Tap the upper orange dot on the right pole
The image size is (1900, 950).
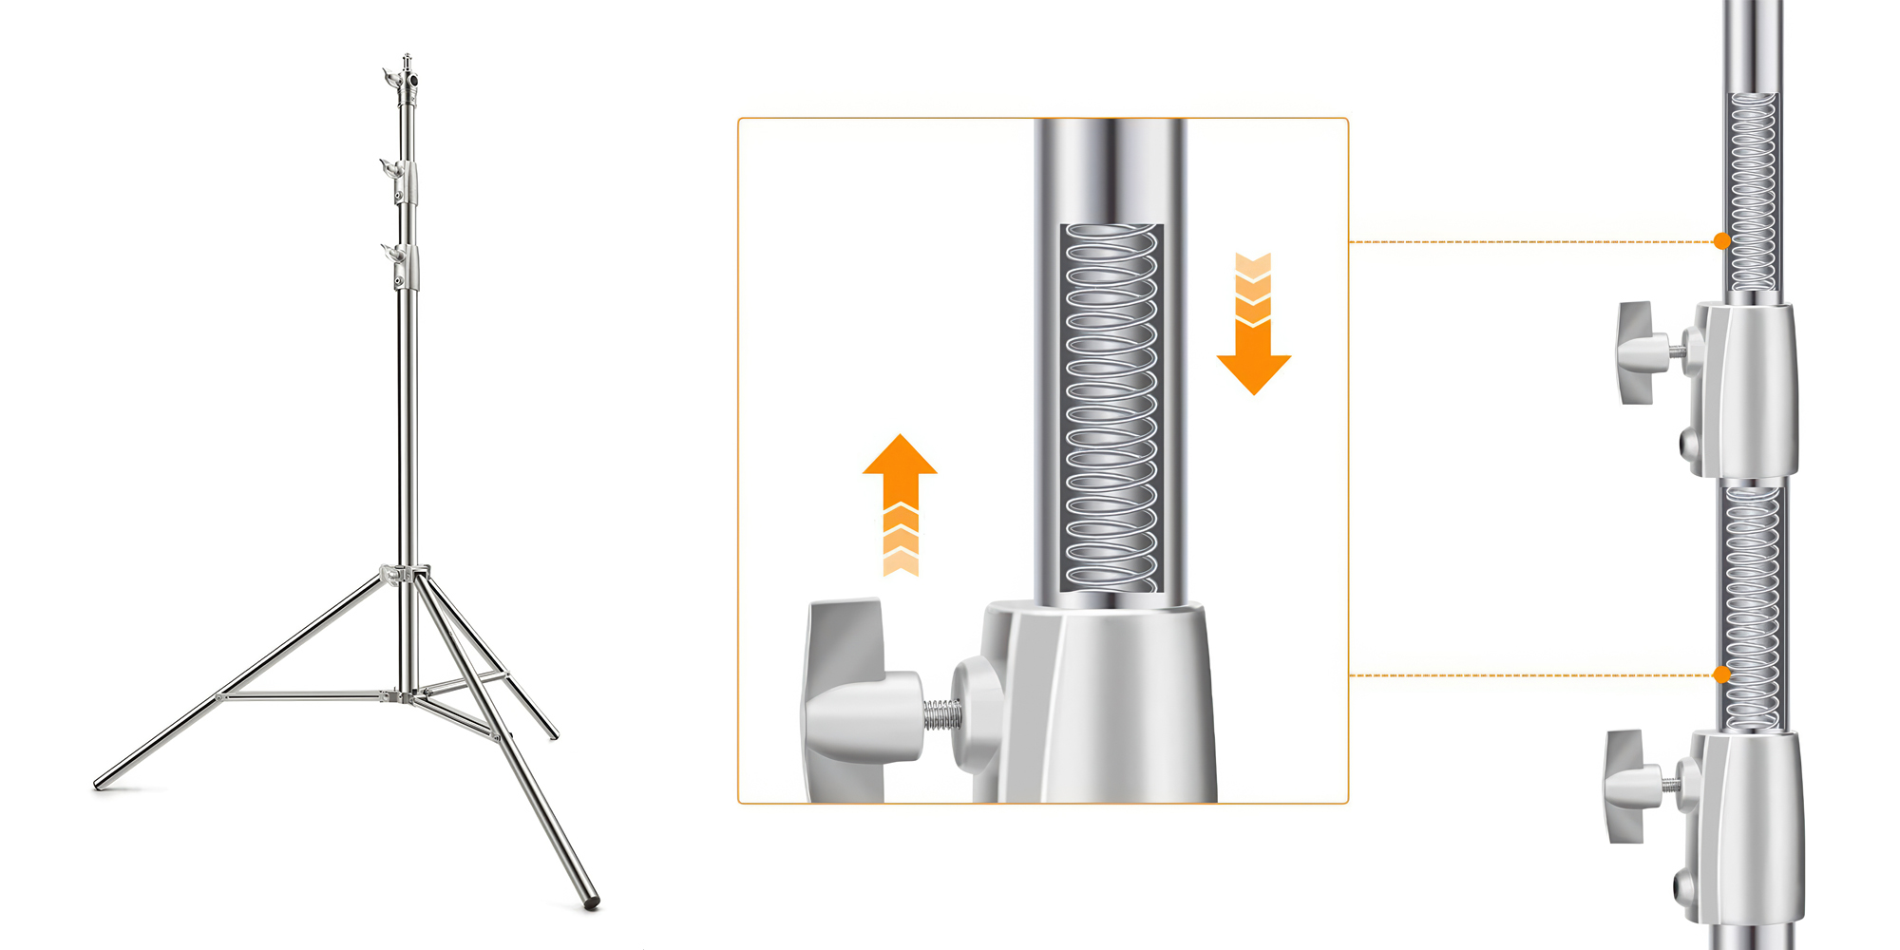click(1721, 241)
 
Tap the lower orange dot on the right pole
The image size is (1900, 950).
click(1721, 674)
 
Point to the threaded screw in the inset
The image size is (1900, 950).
click(941, 714)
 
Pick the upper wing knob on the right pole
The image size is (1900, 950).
click(1639, 351)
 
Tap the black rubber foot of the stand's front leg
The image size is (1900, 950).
click(592, 903)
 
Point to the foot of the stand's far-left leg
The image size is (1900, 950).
click(99, 785)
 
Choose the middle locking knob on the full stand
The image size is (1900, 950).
click(389, 168)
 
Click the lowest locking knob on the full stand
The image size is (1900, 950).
click(389, 252)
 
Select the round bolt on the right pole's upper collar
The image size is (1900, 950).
click(1690, 441)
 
